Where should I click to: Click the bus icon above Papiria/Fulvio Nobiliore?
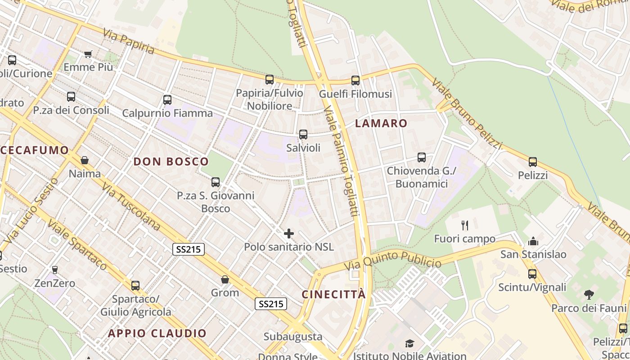tap(269, 80)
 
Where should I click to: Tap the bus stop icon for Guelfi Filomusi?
tap(355, 81)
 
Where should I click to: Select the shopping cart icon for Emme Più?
tap(88, 54)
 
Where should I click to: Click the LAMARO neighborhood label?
tap(381, 123)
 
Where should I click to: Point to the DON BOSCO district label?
tap(171, 162)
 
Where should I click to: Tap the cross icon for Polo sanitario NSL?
tap(289, 234)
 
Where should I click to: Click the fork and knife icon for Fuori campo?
tap(465, 225)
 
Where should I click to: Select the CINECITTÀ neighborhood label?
tap(333, 294)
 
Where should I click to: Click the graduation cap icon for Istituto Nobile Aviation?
tap(409, 344)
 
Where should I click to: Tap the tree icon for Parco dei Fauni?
tap(589, 295)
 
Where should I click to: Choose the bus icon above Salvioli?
tap(303, 134)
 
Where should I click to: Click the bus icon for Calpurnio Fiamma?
tap(167, 100)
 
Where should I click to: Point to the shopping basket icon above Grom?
tap(225, 279)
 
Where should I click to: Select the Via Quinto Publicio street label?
tap(393, 260)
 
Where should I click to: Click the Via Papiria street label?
tap(128, 41)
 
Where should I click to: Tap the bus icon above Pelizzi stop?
tap(533, 162)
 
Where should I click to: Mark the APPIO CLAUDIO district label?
tap(157, 333)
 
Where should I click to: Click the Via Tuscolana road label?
tap(131, 206)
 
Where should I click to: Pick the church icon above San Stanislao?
tap(533, 241)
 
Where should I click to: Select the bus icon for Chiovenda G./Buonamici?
tap(422, 157)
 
